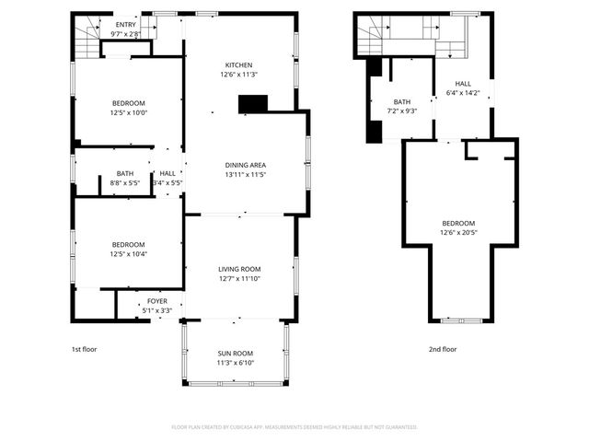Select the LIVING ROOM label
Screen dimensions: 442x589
tap(239, 268)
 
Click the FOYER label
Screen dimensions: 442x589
tap(157, 301)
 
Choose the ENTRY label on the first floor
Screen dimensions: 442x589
tap(125, 25)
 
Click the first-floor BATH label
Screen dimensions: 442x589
tap(124, 173)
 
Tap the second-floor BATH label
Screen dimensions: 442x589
tap(402, 102)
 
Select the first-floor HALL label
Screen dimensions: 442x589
tap(167, 173)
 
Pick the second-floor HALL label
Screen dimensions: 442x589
tap(463, 83)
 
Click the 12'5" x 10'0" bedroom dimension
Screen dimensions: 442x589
tap(129, 113)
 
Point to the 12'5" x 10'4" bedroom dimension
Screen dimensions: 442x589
tap(129, 254)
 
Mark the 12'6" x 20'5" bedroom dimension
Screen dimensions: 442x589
tap(458, 233)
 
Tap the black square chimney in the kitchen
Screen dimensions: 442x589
tap(250, 104)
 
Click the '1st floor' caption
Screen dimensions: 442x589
tap(84, 350)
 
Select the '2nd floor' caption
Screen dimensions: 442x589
tap(443, 350)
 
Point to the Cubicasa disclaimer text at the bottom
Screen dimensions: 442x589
tap(294, 427)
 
